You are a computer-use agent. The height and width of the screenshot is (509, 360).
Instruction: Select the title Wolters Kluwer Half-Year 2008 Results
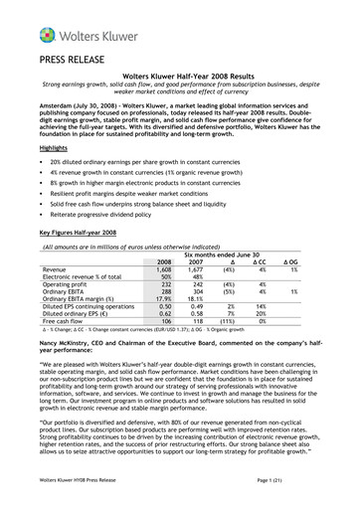pyautogui.click(x=180, y=76)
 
